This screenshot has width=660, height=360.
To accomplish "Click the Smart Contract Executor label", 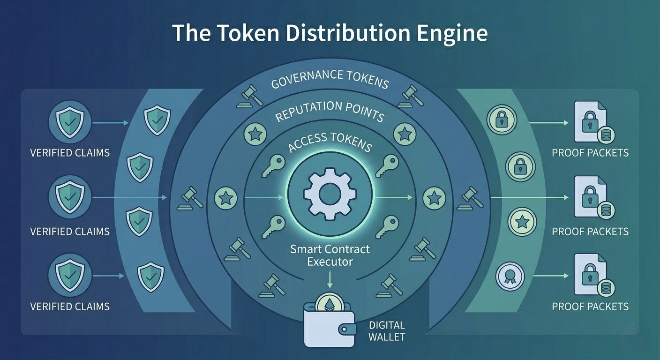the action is tap(330, 255).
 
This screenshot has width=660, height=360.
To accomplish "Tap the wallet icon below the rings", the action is tap(329, 323).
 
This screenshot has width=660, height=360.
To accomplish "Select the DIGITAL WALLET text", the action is tap(387, 330).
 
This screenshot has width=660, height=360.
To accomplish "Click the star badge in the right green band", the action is tap(521, 221).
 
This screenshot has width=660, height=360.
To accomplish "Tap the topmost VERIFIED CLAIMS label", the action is tap(70, 153).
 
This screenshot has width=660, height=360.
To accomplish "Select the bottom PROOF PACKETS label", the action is tap(590, 307).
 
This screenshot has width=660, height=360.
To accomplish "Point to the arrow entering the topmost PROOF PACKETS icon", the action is tap(548, 123).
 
